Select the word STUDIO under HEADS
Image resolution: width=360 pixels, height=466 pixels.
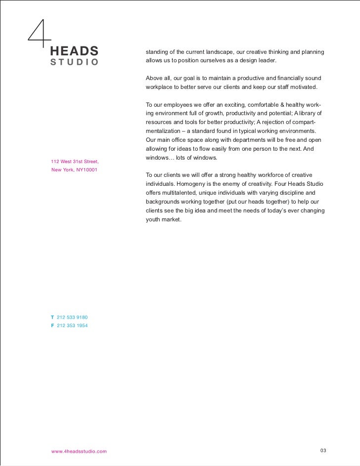(x=74, y=62)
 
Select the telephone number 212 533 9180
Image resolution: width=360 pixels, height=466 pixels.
(x=73, y=317)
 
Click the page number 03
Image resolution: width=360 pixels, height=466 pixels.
(x=323, y=450)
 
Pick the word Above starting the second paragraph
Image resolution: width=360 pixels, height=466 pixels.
(x=154, y=79)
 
